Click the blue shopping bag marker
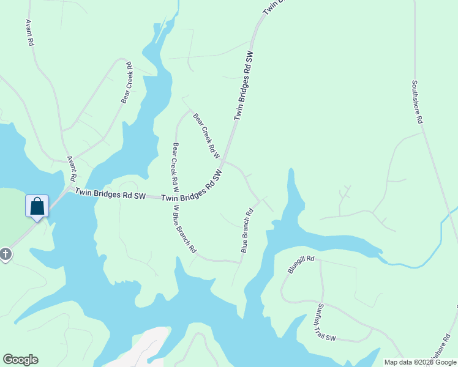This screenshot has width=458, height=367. [37, 206]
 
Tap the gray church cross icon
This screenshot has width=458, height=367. [6, 253]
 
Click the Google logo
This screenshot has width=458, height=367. [20, 360]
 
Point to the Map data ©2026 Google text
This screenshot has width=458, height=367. [420, 362]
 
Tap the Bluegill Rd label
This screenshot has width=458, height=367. [301, 265]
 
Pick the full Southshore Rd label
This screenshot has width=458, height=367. [417, 103]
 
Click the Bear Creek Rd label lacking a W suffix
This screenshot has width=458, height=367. [127, 83]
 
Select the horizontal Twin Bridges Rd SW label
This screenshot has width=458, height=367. [110, 195]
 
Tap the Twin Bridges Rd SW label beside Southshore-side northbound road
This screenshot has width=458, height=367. [244, 86]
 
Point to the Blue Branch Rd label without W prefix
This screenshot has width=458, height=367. [247, 232]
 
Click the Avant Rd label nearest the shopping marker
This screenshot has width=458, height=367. [71, 168]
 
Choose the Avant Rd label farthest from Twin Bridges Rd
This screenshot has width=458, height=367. [29, 32]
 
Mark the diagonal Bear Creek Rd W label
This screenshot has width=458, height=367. [206, 135]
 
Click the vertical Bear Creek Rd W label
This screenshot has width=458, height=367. [175, 164]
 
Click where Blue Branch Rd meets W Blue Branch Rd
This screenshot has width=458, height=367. [239, 262]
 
